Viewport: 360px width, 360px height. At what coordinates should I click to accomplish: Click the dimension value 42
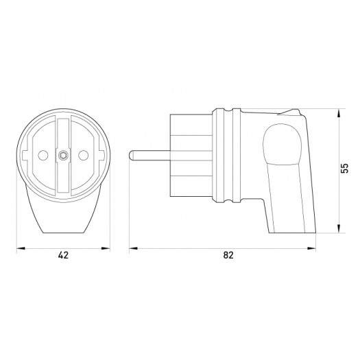coord(63,254)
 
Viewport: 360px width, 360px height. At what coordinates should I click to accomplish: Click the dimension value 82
coord(228,254)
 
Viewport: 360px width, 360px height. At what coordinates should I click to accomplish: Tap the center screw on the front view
coord(63,155)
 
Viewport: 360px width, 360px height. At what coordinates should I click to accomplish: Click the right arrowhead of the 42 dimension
coord(108,245)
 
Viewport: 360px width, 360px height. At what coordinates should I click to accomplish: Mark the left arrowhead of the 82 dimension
coord(131,245)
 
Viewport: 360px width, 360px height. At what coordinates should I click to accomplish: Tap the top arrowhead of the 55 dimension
coord(340,110)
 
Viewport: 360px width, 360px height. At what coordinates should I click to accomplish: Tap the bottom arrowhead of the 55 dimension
coord(340,231)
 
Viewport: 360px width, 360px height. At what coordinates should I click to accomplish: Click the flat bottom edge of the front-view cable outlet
coord(63,231)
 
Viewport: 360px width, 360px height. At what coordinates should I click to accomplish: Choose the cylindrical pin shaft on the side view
coord(147,156)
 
